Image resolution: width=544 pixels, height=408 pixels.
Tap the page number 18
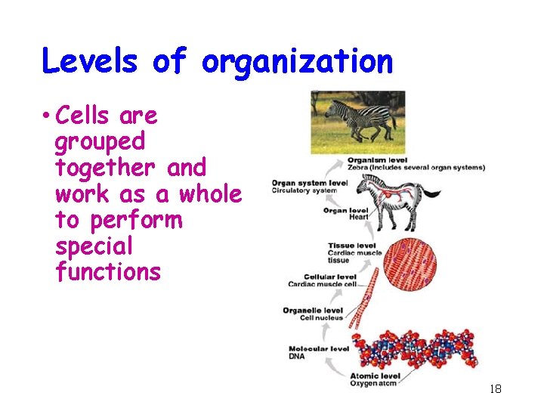(496, 389)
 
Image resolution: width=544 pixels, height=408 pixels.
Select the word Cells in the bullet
(84, 116)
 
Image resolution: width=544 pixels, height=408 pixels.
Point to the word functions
(108, 271)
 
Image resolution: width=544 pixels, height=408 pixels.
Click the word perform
(136, 220)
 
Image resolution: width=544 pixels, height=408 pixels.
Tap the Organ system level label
(310, 183)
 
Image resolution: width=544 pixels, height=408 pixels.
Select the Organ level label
(346, 211)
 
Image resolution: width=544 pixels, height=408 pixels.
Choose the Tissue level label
(352, 246)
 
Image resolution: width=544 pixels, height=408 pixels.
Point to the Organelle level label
(313, 310)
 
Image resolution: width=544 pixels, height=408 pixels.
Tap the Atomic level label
(375, 376)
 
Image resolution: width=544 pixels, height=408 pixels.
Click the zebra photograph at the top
(357, 122)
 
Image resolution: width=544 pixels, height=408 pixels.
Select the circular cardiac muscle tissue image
(410, 263)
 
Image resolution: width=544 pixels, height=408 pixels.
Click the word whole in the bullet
(210, 193)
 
